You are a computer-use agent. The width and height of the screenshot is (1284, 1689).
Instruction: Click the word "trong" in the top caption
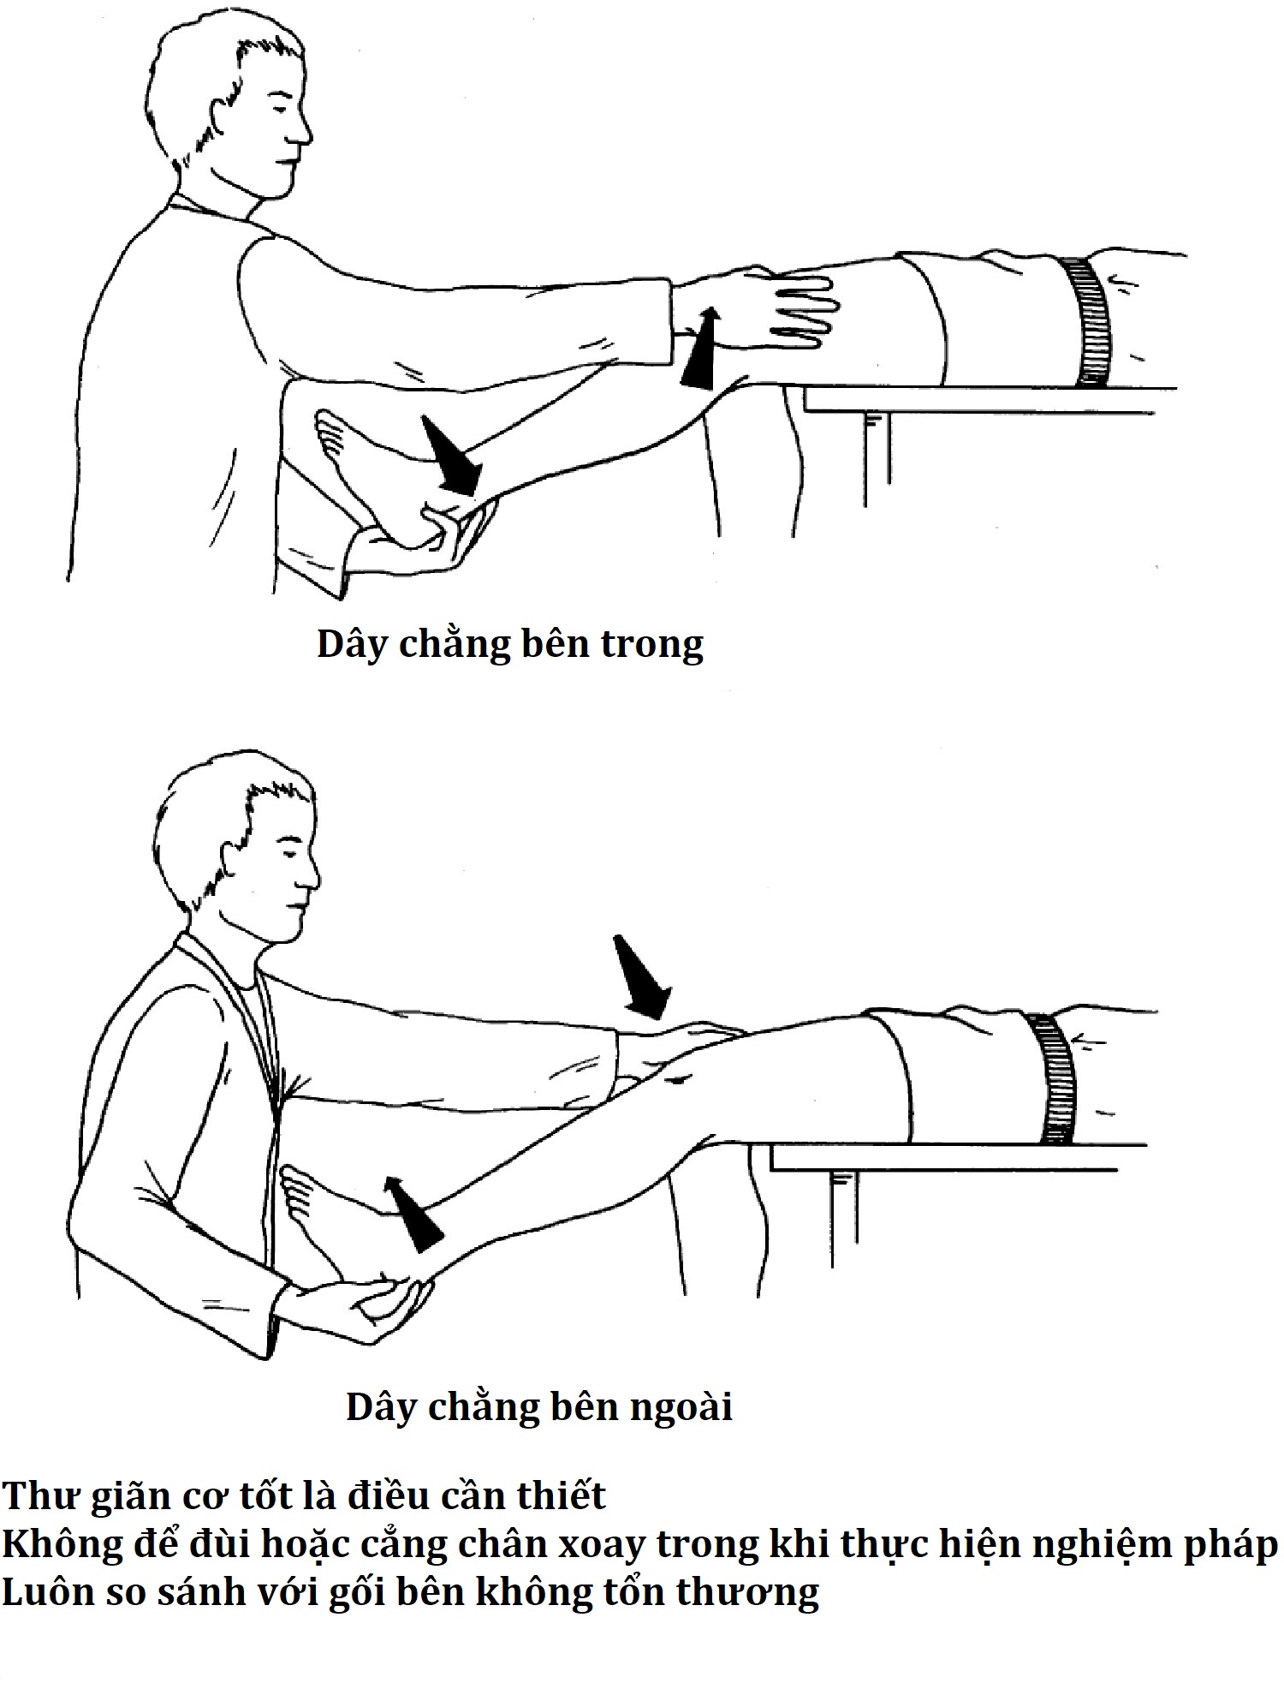tap(651, 645)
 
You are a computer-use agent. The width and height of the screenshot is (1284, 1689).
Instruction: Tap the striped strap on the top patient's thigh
tap(1088, 321)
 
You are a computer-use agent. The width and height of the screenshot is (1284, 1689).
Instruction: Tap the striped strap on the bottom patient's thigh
tap(1054, 1078)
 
